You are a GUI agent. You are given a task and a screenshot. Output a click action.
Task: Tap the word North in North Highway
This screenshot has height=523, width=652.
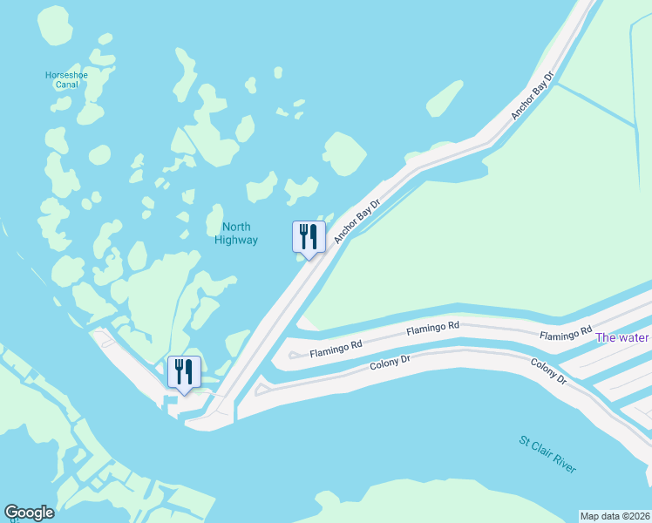tap(236, 228)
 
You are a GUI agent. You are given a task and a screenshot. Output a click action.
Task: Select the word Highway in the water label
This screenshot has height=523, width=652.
tap(236, 240)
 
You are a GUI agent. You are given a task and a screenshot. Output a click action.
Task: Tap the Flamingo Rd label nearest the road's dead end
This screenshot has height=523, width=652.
tap(336, 347)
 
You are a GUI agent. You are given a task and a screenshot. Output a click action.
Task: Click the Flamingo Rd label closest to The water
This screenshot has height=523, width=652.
tap(566, 336)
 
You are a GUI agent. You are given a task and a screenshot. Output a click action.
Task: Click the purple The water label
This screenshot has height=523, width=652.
tap(622, 337)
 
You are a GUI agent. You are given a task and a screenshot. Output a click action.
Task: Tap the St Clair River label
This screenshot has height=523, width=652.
tap(547, 454)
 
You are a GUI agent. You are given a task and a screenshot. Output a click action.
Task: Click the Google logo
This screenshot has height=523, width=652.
tap(30, 513)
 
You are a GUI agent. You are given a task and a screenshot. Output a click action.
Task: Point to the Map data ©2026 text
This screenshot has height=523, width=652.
tap(615, 515)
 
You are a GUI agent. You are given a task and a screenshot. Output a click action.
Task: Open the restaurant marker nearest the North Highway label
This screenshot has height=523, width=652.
tap(309, 236)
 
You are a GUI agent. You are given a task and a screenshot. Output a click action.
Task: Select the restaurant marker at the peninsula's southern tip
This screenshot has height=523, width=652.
tap(184, 371)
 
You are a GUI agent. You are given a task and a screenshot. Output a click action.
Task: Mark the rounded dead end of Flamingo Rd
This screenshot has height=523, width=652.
tap(294, 355)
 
